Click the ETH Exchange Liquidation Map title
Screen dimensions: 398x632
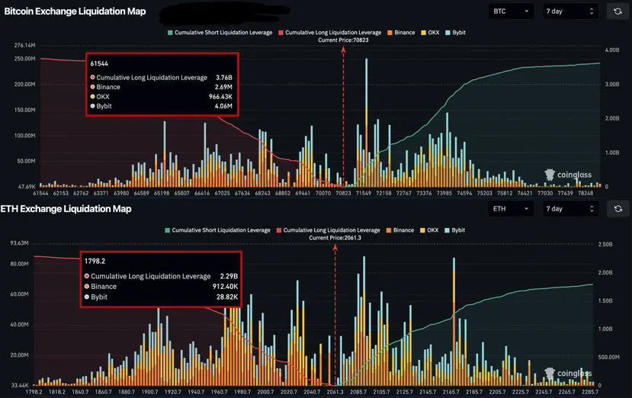point(67,208)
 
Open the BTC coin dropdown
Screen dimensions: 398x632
point(510,11)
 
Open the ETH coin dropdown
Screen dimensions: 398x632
point(510,208)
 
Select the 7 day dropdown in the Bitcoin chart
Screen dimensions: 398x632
point(569,11)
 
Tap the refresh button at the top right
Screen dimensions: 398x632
point(616,11)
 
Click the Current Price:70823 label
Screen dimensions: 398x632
point(343,40)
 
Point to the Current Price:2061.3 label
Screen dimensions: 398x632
point(335,238)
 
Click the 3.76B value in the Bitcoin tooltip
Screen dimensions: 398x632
point(223,77)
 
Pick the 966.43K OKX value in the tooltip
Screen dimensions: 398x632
point(218,97)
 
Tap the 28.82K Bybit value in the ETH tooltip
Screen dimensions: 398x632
point(223,296)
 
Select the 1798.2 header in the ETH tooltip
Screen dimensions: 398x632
point(95,261)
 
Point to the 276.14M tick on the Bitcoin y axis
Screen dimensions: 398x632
point(26,47)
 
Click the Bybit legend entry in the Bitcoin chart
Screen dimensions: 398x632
point(457,33)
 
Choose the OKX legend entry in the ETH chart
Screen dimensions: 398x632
point(431,229)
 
